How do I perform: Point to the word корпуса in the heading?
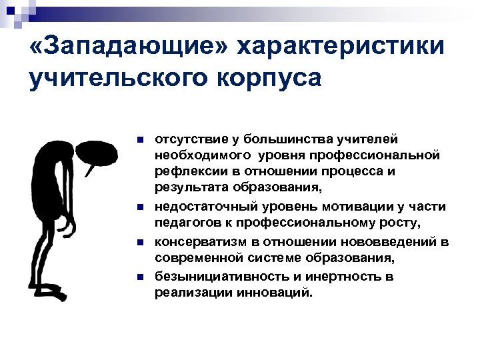(267, 78)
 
